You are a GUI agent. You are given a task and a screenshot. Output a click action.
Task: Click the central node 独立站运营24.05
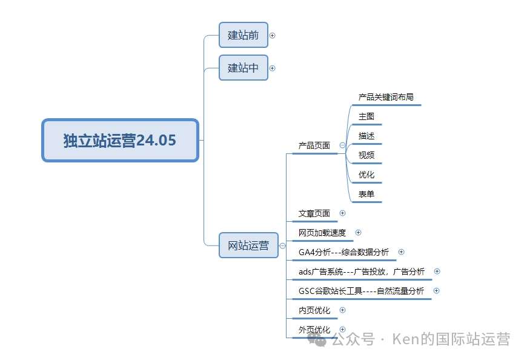click(x=120, y=141)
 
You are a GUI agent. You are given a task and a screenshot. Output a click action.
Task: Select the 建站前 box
click(x=243, y=35)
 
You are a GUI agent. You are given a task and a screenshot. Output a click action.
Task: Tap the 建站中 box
click(x=243, y=68)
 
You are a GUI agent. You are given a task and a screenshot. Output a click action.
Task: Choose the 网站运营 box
click(x=248, y=245)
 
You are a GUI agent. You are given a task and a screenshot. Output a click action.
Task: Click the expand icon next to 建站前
click(x=272, y=35)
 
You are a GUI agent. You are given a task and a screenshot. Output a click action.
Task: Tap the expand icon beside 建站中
click(x=272, y=68)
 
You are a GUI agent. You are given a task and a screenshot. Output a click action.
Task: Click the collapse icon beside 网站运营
click(x=282, y=245)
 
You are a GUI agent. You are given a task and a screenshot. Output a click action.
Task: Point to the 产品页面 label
click(x=314, y=145)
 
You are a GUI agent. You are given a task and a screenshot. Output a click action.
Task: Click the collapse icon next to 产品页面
click(x=342, y=145)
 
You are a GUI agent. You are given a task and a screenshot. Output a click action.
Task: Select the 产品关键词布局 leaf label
click(x=386, y=97)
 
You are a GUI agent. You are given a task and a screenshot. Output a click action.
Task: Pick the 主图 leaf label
click(x=366, y=116)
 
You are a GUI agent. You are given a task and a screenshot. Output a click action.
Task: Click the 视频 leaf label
click(x=366, y=155)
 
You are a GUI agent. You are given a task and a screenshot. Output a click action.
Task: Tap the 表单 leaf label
click(x=366, y=195)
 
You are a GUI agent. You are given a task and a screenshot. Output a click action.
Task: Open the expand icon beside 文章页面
click(x=342, y=213)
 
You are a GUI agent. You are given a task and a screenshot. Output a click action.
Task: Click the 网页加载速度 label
click(x=322, y=233)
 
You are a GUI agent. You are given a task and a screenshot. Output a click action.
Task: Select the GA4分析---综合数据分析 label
click(x=344, y=252)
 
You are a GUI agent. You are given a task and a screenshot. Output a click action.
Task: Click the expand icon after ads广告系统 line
click(x=437, y=272)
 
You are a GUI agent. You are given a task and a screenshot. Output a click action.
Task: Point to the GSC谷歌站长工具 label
click(x=361, y=291)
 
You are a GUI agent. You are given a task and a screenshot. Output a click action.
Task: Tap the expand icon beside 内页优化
click(x=342, y=310)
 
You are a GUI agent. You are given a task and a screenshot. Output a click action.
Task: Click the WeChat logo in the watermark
click(x=319, y=339)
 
